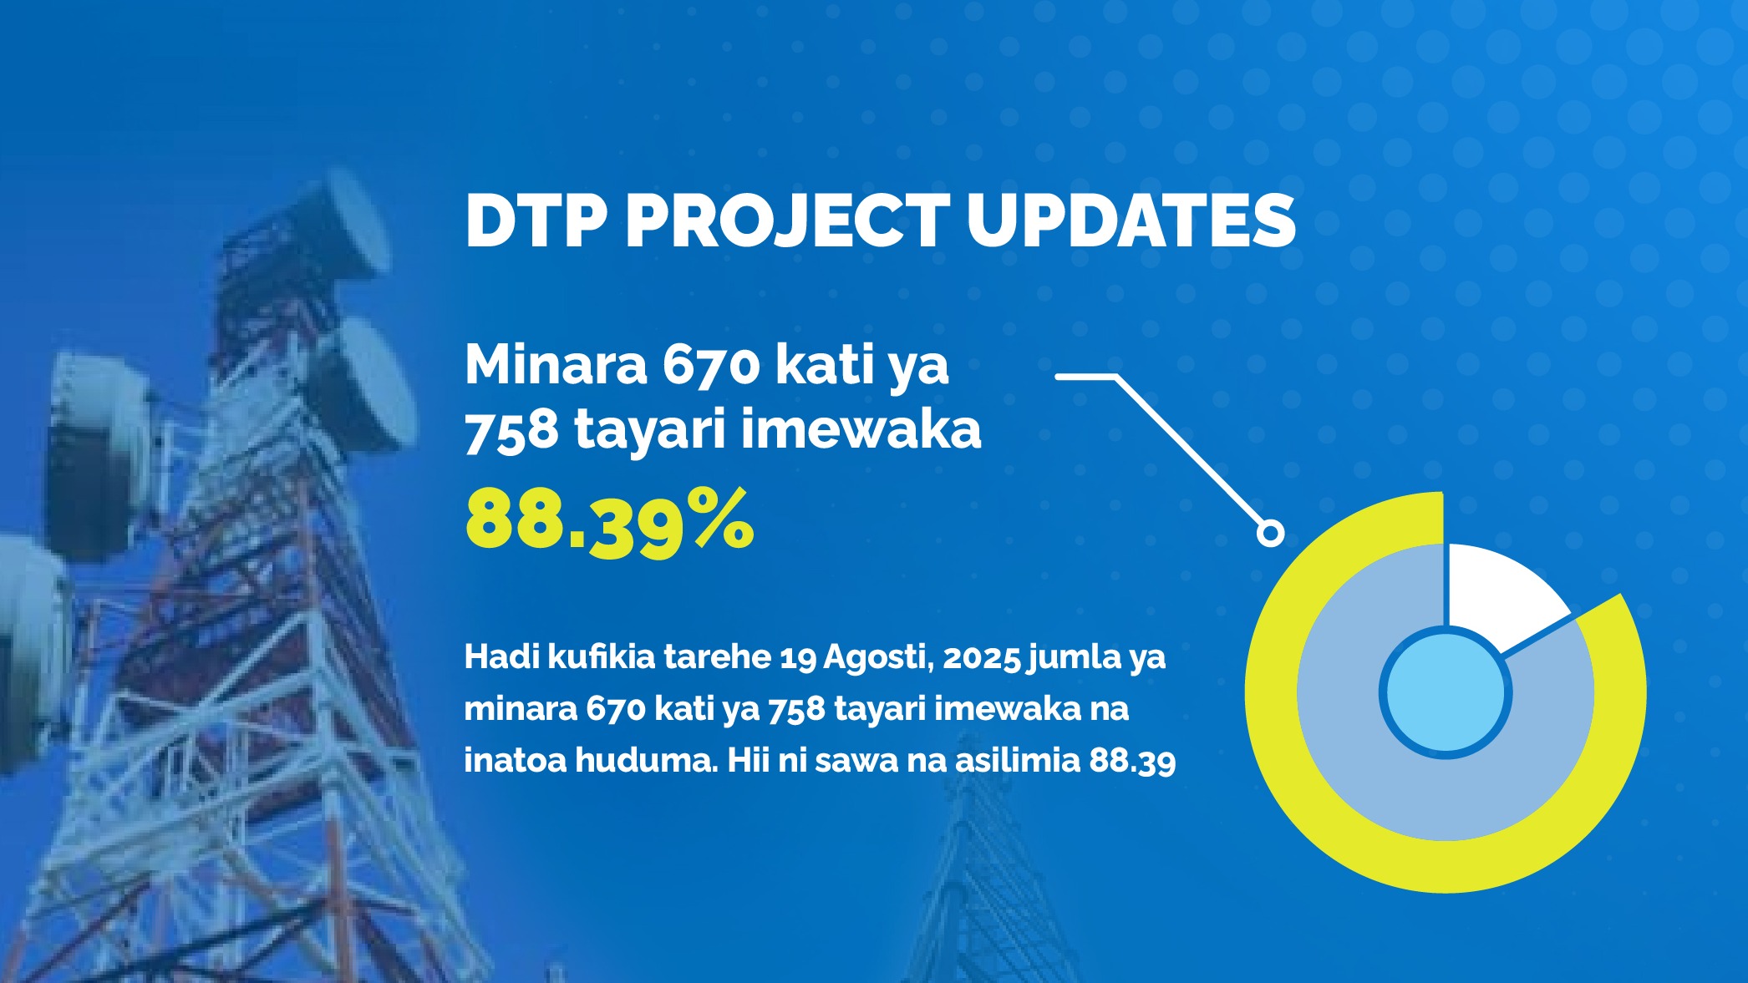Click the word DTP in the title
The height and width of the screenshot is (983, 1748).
tap(536, 221)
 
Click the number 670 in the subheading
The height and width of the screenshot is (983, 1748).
tap(711, 366)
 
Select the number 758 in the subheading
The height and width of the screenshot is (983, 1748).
tap(511, 431)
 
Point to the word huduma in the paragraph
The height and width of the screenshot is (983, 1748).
tap(646, 761)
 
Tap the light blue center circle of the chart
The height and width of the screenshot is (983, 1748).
tap(1446, 692)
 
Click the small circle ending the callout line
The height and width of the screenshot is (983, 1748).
tap(1271, 533)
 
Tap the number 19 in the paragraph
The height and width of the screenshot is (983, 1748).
tap(798, 658)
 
